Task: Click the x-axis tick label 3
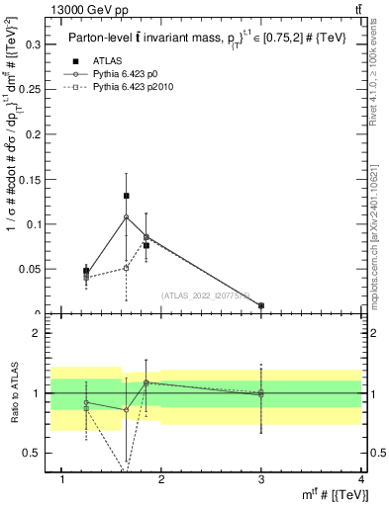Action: [261, 480]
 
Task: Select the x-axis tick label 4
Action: [361, 480]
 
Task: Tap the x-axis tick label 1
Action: [62, 480]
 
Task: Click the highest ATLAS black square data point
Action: [127, 196]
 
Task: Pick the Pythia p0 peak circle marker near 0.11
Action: [127, 217]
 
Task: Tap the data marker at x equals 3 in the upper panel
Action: [261, 305]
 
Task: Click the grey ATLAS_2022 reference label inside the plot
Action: [206, 295]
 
